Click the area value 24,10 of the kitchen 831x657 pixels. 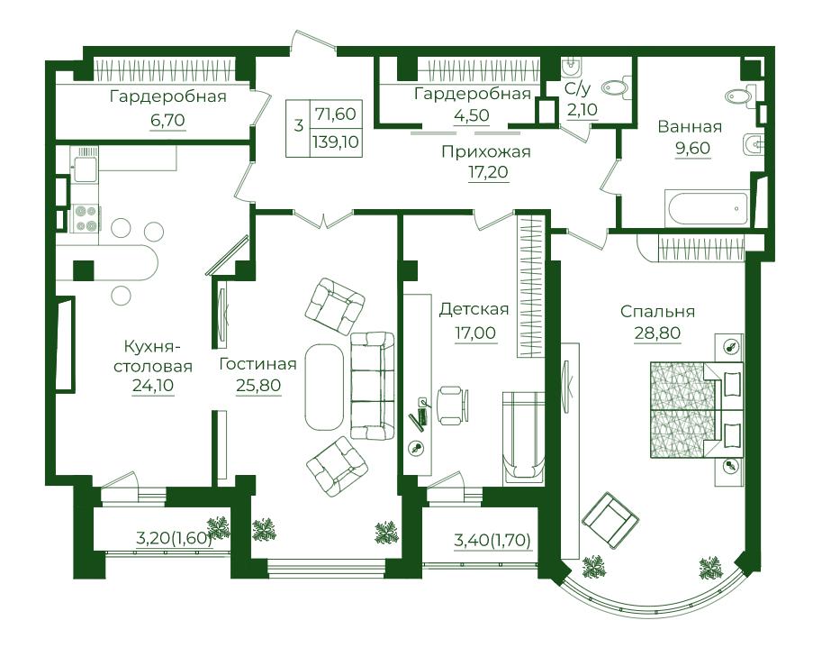point(153,386)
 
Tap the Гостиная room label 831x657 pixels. point(257,364)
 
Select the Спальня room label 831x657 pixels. point(657,312)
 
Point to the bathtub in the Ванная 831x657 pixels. point(708,208)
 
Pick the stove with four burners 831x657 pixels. point(86,217)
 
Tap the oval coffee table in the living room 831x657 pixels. point(324,387)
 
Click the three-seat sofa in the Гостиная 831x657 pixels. point(372,386)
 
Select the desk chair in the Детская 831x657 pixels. point(453,406)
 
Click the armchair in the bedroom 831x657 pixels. point(610,519)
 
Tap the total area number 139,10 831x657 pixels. point(336,141)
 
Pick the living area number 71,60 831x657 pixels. point(336,114)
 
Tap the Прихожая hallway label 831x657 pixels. point(486,152)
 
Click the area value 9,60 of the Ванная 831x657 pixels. point(692,148)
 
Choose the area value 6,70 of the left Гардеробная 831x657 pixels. point(167,120)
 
